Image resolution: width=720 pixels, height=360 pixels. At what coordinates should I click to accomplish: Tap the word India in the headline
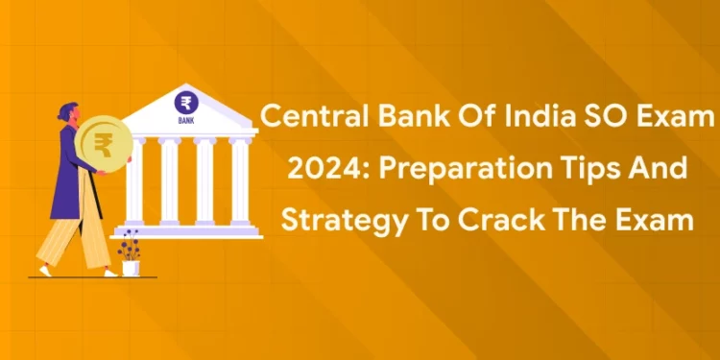(x=522, y=120)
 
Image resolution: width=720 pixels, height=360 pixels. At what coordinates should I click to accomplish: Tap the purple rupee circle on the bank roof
(x=184, y=103)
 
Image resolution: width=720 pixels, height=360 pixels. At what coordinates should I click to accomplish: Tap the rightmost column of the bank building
(x=239, y=183)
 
